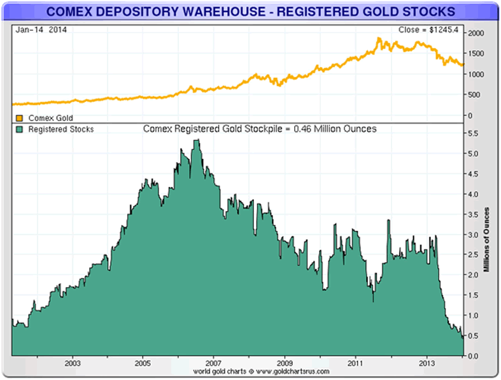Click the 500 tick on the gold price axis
click(x=475, y=95)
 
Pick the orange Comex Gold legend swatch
click(x=18, y=118)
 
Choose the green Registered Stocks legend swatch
click(x=18, y=129)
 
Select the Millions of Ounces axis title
click(x=487, y=239)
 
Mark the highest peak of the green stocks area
click(x=196, y=140)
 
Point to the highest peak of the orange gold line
click(x=379, y=38)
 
